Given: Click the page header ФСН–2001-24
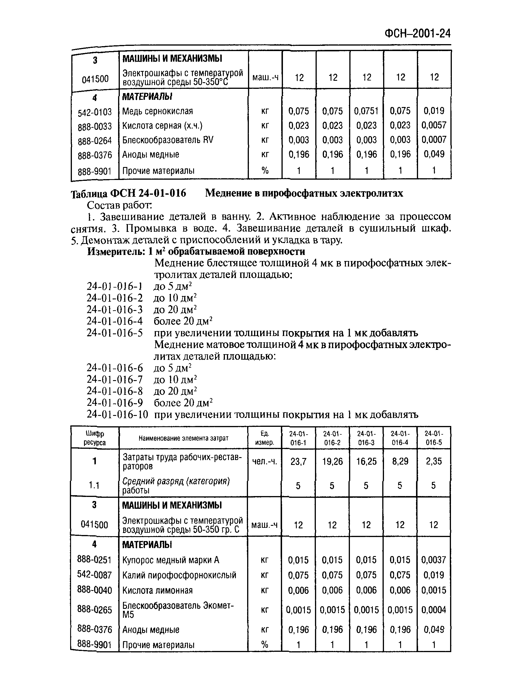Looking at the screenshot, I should point(417,33).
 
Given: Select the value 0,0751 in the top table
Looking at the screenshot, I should point(366,111).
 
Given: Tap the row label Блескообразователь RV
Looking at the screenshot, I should point(168,140).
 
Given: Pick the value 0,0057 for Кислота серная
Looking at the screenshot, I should point(434,125).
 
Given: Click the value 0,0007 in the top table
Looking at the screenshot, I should point(434,140).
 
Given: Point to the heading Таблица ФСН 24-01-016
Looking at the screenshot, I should point(129,193).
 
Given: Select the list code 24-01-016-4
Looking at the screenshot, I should point(115,321).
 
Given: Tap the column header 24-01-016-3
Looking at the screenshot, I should point(366,438).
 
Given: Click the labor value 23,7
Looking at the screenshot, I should point(298,461).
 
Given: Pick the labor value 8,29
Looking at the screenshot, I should point(400,461).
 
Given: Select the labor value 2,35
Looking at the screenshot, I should point(434,461).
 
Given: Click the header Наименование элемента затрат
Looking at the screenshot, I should point(183,438).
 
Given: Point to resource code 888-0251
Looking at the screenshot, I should point(94,559).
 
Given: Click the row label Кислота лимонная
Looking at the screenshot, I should point(157,590).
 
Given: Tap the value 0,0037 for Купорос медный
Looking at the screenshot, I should point(434,560).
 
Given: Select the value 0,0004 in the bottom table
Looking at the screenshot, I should point(434,610).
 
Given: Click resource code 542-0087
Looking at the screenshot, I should point(94,575).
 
